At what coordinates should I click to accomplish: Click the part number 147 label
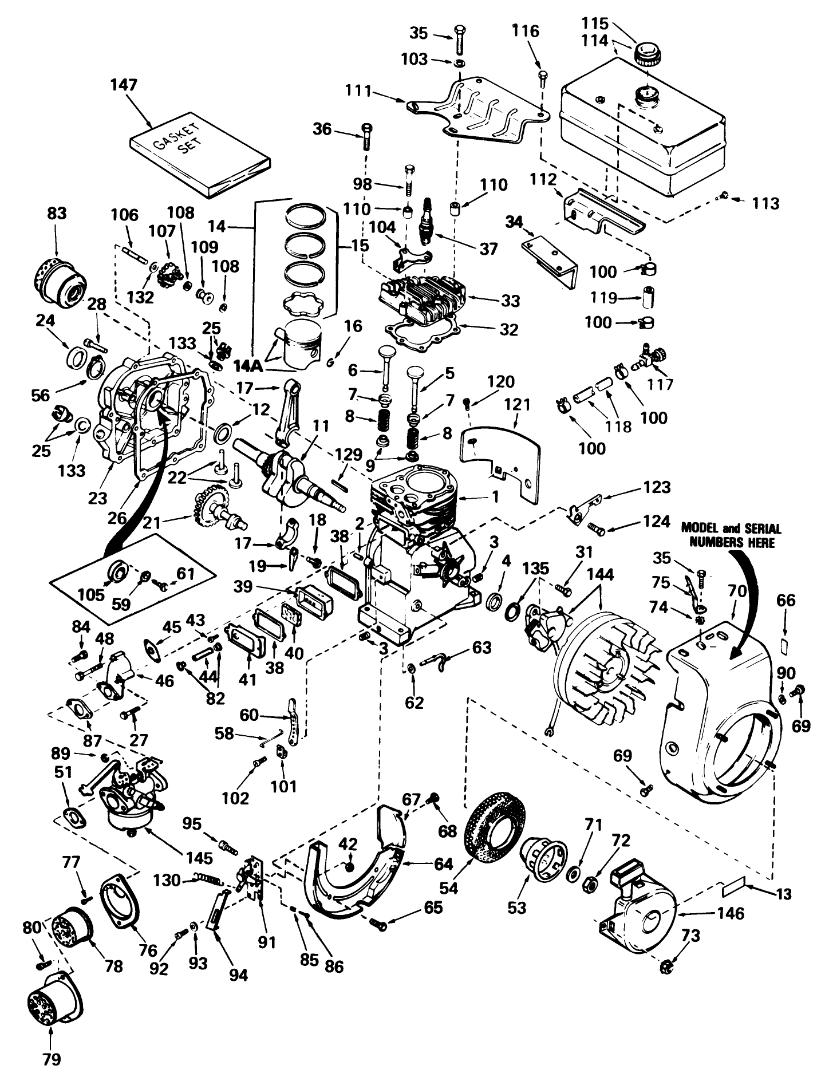point(124,85)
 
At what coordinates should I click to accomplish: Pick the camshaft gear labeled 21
point(213,504)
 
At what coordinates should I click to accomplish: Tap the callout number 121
point(517,404)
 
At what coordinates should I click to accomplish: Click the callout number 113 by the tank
point(765,203)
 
